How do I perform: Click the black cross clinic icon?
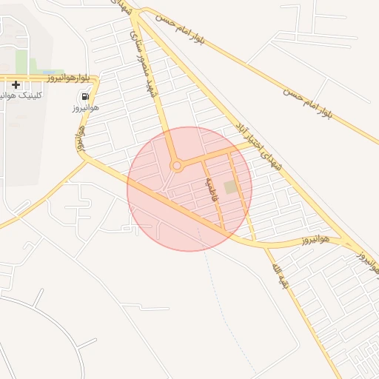tap(16, 85)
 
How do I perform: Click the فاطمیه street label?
tap(213, 188)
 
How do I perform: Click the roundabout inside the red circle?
tap(176, 166)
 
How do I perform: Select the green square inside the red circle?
tap(232, 187)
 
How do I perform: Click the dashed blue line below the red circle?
tap(222, 296)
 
